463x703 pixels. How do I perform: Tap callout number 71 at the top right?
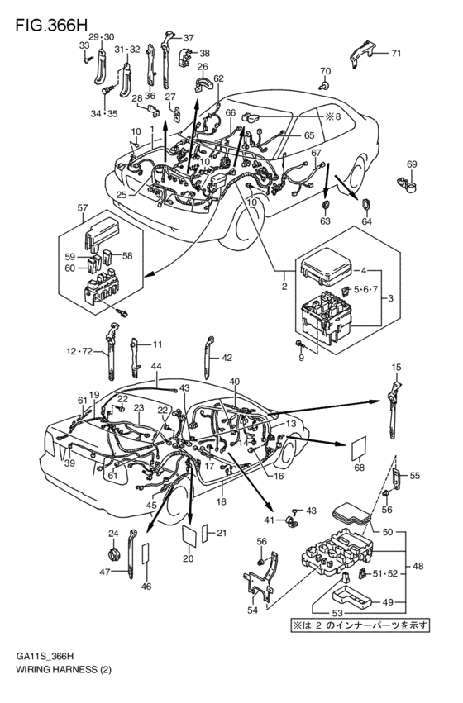(x=395, y=54)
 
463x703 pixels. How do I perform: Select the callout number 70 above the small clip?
(x=325, y=71)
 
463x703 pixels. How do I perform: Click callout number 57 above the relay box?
(x=82, y=207)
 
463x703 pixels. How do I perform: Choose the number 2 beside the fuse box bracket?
(x=284, y=286)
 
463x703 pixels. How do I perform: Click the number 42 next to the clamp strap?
(x=227, y=357)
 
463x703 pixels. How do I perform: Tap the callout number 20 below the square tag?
(x=187, y=558)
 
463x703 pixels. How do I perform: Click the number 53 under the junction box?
(x=313, y=613)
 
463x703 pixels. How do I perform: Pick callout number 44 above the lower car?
(x=155, y=366)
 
